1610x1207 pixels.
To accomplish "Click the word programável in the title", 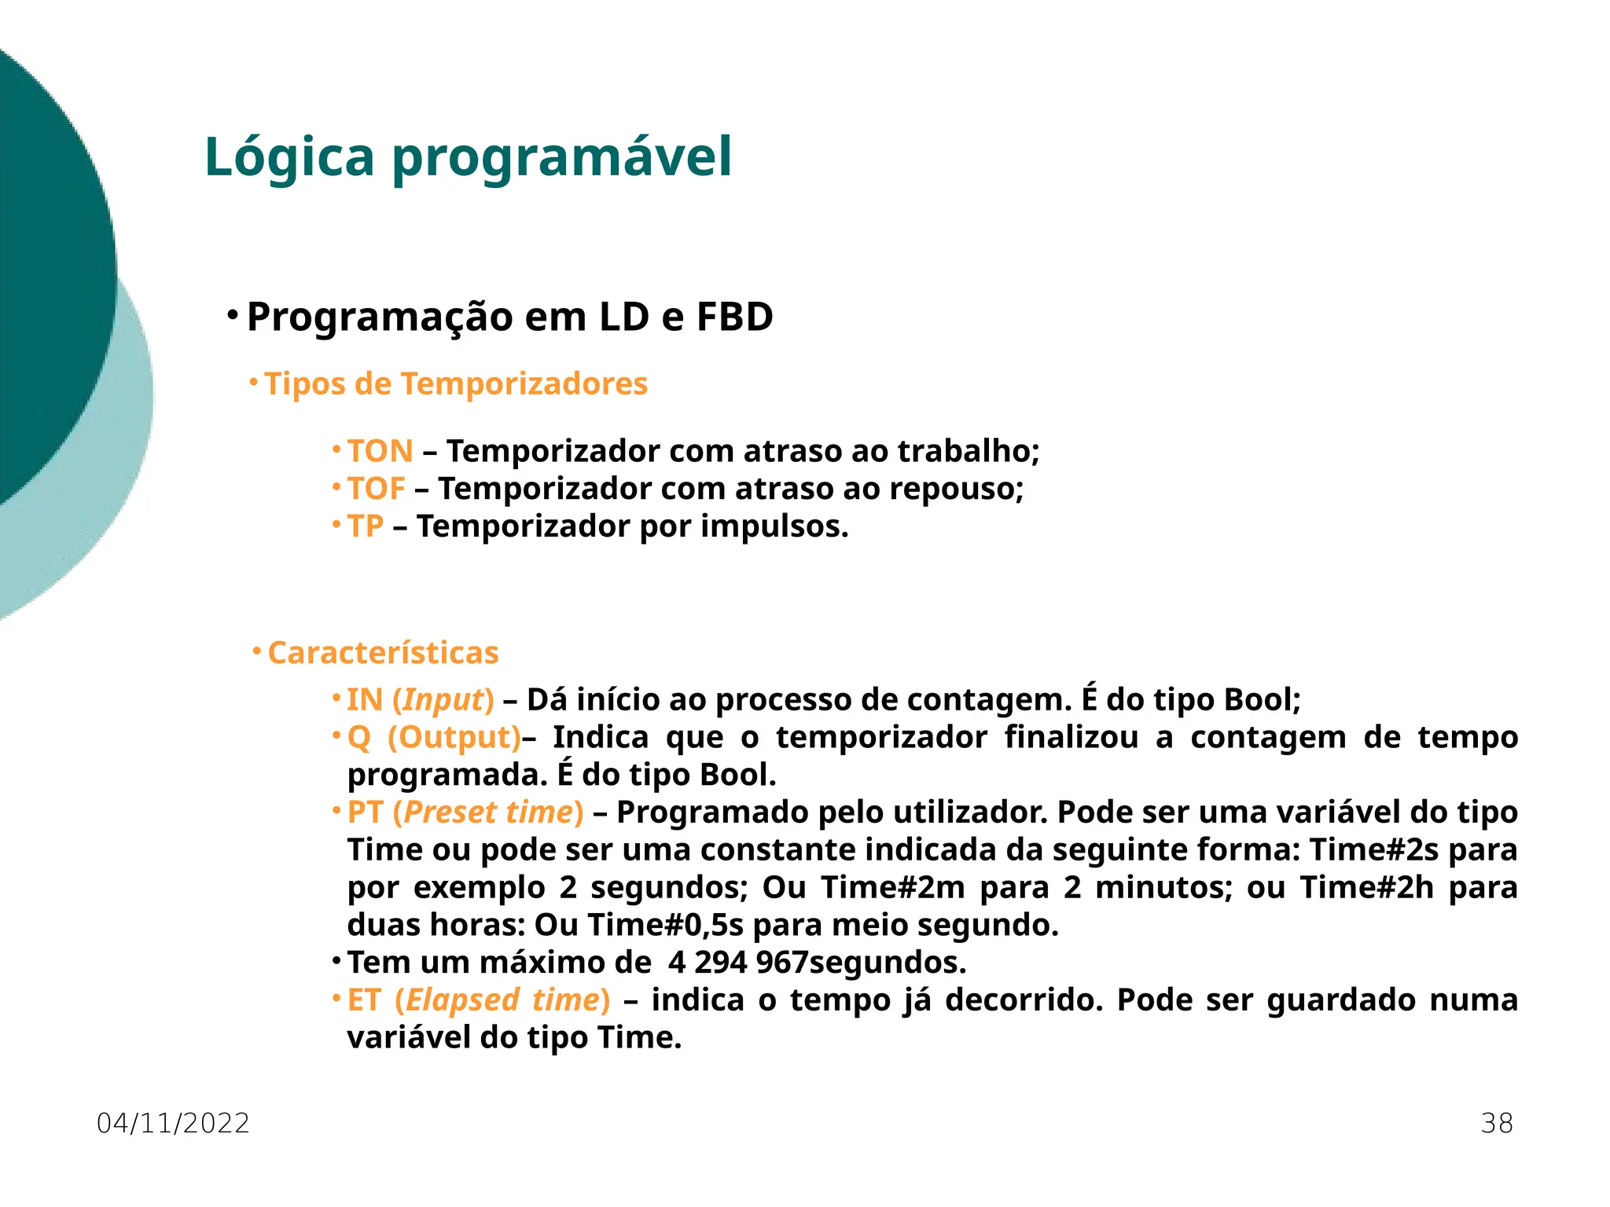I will [x=562, y=157].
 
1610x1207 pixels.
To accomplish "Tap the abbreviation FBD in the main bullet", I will [x=734, y=317].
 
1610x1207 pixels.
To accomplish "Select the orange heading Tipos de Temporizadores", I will [x=456, y=384].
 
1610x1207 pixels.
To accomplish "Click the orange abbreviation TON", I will [x=380, y=451].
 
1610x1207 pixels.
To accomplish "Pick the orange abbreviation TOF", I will [x=377, y=489].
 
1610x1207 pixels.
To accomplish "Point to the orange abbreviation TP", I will [x=366, y=526].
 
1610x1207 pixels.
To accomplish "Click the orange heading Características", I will [x=384, y=653].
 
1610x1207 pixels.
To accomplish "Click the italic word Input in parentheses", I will [x=443, y=700].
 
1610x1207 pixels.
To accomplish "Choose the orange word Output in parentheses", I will [x=454, y=738].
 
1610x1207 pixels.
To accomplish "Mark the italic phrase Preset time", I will [x=488, y=813].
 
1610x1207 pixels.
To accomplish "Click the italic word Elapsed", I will [x=462, y=1000].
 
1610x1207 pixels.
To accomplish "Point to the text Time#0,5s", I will [x=665, y=925].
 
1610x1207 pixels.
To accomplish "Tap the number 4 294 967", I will [x=738, y=963].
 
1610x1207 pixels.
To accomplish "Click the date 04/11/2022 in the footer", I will [x=173, y=1124].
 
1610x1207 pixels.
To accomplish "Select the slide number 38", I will [x=1497, y=1124].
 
